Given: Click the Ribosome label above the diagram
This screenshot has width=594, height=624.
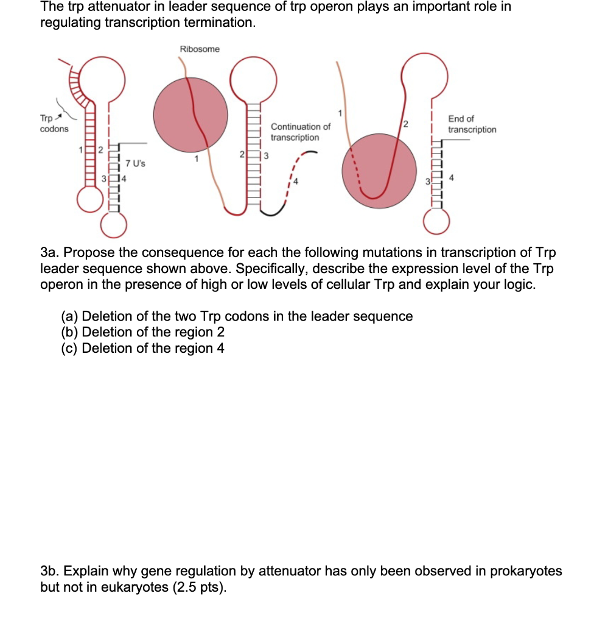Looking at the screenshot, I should [200, 49].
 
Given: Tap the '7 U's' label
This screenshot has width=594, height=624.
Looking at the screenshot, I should [135, 164].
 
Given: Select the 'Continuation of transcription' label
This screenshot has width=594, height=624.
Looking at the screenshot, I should [301, 132].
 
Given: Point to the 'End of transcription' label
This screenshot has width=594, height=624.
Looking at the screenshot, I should [472, 124].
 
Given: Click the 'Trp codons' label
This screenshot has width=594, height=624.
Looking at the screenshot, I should [54, 124].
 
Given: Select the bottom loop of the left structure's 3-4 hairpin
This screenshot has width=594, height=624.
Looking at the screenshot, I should [114, 227].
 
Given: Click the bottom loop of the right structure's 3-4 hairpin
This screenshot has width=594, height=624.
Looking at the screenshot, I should [438, 222].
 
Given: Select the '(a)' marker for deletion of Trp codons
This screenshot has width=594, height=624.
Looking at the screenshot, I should [69, 316].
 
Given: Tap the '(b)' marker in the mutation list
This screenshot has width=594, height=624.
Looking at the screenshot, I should [69, 332].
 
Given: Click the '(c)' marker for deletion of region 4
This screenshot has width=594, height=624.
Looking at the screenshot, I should [69, 348].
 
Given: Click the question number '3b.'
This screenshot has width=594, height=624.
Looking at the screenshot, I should [52, 571].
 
